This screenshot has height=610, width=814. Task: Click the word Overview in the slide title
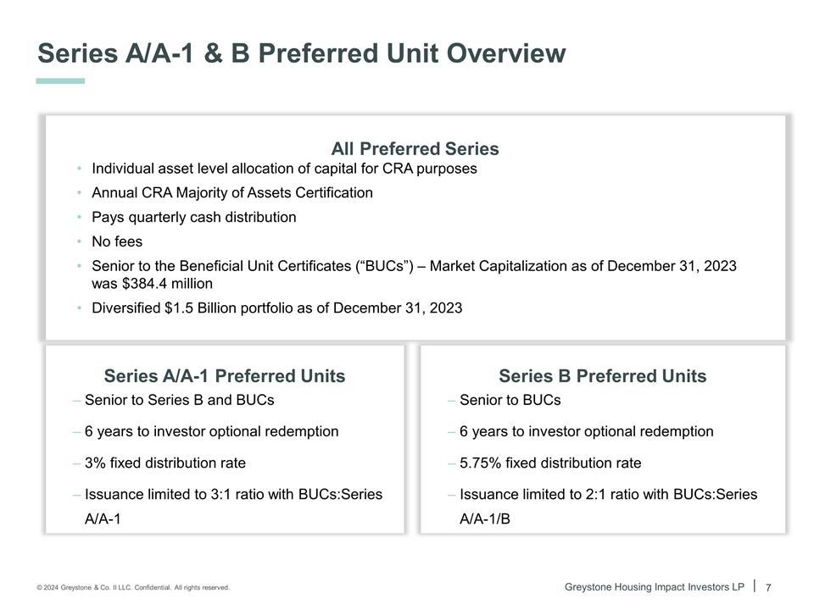point(506,53)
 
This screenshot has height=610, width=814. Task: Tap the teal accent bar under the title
point(60,81)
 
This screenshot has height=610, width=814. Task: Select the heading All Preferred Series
point(415,149)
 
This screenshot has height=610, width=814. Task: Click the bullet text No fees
point(117,241)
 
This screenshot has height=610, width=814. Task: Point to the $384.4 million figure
point(168,284)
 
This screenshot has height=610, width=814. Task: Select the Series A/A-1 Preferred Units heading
point(224,376)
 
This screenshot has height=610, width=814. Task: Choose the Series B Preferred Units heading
point(602,376)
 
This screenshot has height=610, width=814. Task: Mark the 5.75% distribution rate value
point(480,463)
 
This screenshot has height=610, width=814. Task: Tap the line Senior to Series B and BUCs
point(179,400)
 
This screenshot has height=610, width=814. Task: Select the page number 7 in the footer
point(768,588)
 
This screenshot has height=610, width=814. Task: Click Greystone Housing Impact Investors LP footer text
point(654,587)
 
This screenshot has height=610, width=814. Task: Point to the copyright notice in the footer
point(133,588)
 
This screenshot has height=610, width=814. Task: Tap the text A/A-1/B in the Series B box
point(485,518)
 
